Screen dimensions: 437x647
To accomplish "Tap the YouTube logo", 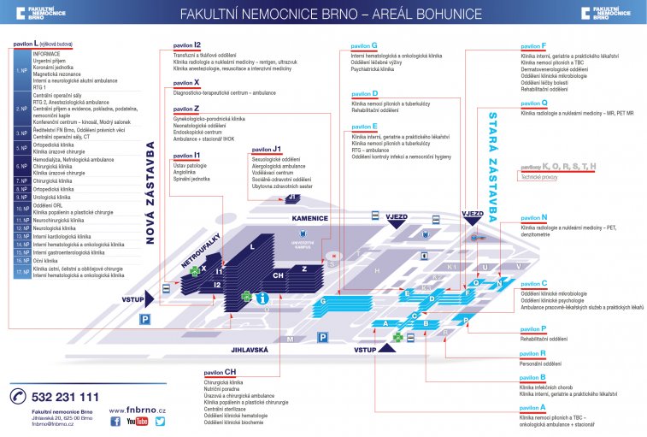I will [137, 422].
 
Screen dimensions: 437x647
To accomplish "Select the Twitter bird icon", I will [160, 422].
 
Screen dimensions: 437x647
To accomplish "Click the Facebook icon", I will [115, 422].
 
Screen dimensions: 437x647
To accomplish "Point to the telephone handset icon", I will [18, 397].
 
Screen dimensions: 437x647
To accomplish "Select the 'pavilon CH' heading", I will [220, 373].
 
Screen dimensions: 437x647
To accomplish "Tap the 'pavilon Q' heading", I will [533, 103].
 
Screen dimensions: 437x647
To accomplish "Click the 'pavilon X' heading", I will [185, 83].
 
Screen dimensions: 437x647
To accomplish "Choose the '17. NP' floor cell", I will [22, 272].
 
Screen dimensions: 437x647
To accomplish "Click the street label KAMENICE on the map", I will [309, 218].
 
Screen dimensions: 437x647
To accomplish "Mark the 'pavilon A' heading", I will [532, 408].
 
